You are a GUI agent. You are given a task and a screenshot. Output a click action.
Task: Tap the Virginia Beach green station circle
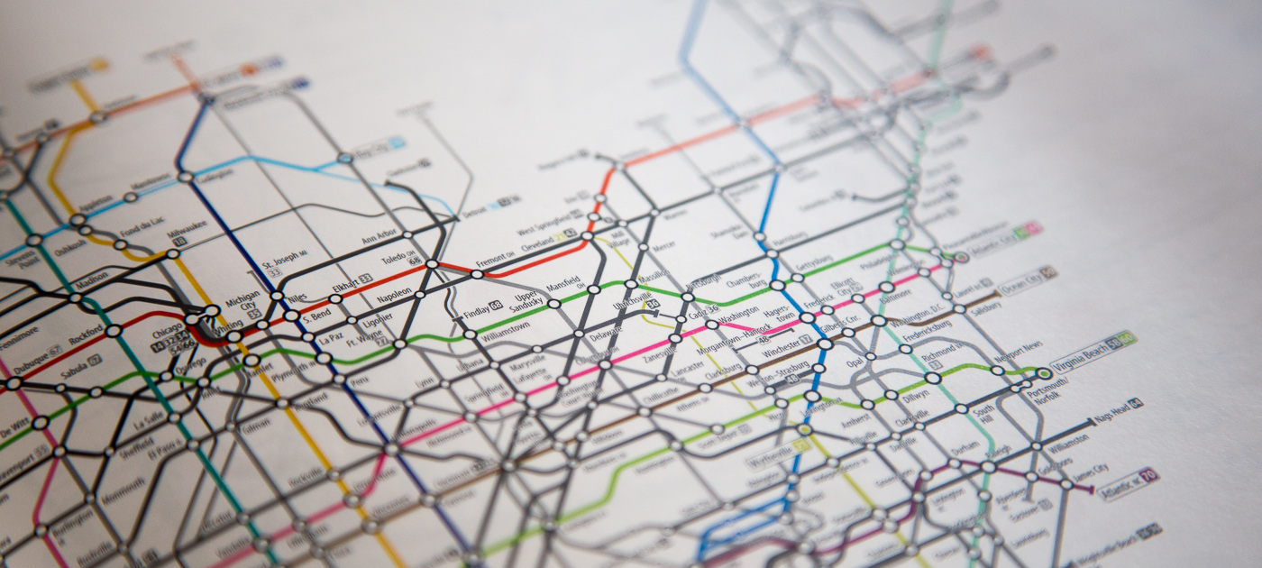1044,373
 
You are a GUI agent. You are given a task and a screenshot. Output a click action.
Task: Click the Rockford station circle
114,331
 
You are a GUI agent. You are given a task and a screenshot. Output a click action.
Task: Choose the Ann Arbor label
379,238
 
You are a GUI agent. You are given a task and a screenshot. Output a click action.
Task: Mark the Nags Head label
1111,412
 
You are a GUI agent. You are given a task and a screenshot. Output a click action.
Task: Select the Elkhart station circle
335,298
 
